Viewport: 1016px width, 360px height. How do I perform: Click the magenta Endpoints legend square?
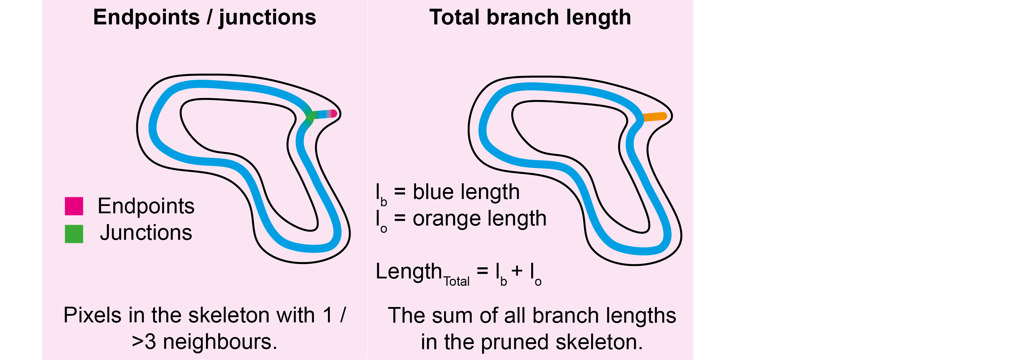pos(74,206)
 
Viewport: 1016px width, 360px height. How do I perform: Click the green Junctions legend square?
pos(74,234)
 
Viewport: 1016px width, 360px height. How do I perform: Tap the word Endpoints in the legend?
pos(146,206)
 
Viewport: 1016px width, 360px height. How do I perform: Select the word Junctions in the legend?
pos(146,233)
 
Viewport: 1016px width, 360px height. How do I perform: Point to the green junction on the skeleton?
pos(310,116)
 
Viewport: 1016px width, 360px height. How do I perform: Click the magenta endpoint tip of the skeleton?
pos(334,114)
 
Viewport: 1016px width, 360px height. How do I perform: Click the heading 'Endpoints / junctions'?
pos(204,17)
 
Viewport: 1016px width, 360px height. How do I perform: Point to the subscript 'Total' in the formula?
pos(456,282)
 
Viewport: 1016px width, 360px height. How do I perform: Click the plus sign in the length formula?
pos(517,271)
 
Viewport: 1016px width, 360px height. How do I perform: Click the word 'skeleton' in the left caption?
pos(229,315)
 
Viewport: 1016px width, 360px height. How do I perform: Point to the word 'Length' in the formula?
pos(408,271)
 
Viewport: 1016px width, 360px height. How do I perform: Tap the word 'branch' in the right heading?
pos(522,17)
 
